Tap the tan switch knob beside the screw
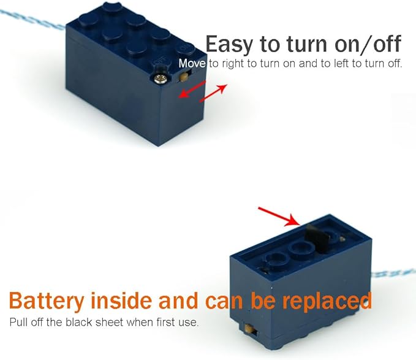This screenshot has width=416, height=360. pyautogui.click(x=183, y=77)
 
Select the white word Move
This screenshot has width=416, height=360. pyautogui.click(x=192, y=63)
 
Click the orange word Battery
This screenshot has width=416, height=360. pyautogui.click(x=47, y=301)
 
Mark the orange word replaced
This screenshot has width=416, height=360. pyautogui.click(x=327, y=301)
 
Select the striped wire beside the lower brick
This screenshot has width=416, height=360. pyautogui.click(x=393, y=274)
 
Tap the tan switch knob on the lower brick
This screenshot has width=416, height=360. pyautogui.click(x=249, y=329)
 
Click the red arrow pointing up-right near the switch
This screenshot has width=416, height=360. pyautogui.click(x=213, y=93)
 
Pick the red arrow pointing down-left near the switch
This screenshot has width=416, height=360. pyautogui.click(x=192, y=90)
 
